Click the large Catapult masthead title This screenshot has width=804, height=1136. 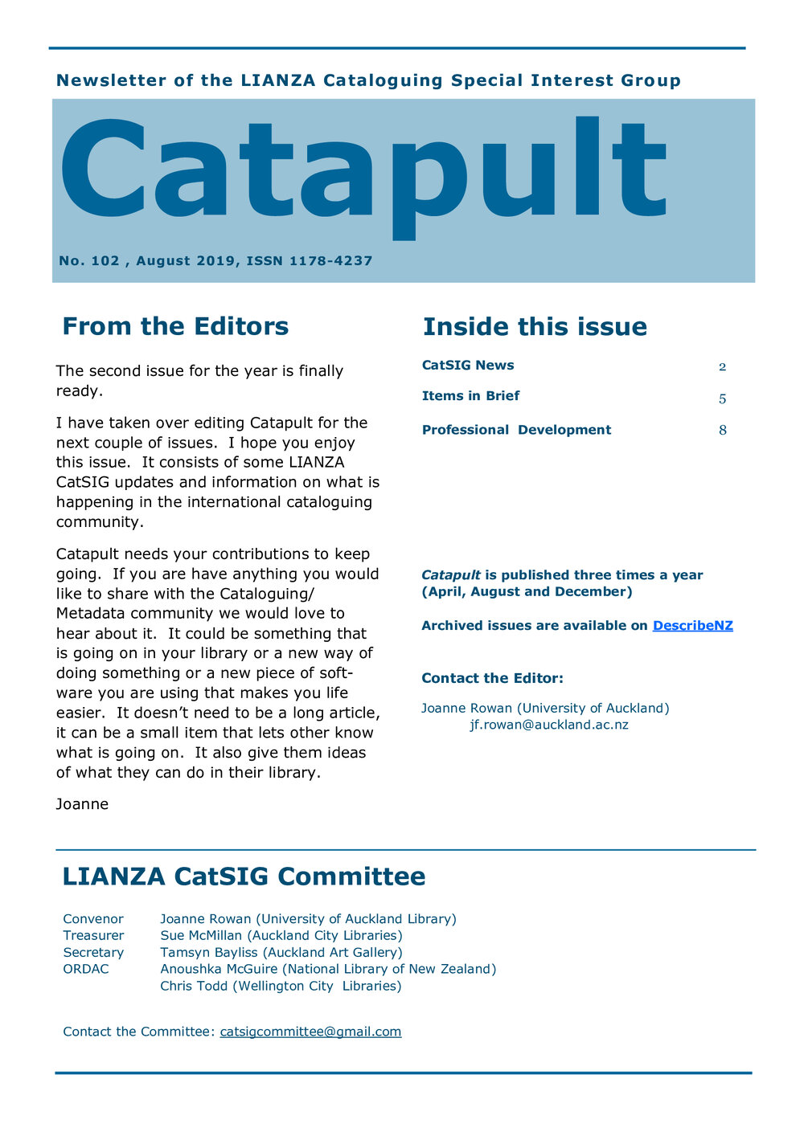tap(362, 173)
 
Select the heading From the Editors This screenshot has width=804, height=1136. tap(175, 326)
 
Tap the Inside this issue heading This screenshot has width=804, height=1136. tap(535, 327)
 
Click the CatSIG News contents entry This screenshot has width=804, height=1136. tap(468, 366)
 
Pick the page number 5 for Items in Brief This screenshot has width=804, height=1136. tap(723, 398)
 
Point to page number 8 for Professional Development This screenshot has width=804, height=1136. tap(723, 431)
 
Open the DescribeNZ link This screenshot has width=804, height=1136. tap(692, 626)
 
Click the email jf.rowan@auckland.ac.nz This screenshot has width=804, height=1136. tap(549, 725)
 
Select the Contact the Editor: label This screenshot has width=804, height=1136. tap(492, 678)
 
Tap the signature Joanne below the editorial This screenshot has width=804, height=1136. tap(82, 804)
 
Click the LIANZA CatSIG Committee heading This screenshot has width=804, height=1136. tap(244, 877)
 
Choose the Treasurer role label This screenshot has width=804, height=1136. tap(93, 936)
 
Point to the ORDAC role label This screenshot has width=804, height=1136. tap(86, 970)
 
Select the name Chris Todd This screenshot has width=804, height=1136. tap(194, 987)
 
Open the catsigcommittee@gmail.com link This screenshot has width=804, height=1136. tap(310, 1032)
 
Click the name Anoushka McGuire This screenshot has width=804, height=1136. tap(219, 970)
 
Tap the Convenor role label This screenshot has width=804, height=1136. tap(93, 919)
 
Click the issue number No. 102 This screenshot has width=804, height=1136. tap(89, 261)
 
